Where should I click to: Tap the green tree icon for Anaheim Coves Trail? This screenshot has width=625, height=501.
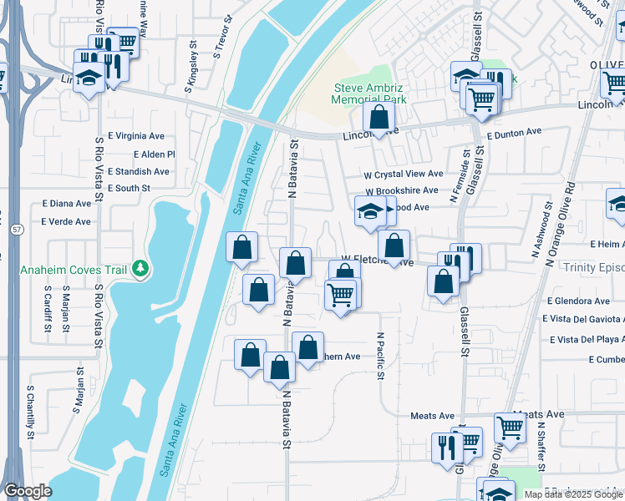click(x=141, y=268)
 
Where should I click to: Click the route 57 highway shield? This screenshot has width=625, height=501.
click(x=16, y=228)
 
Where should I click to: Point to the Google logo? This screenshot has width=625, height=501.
click(x=28, y=491)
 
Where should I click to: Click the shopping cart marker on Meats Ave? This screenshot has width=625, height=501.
click(x=510, y=428)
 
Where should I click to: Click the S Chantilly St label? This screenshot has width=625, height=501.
click(x=29, y=409)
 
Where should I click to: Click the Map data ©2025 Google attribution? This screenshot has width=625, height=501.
click(x=572, y=494)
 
